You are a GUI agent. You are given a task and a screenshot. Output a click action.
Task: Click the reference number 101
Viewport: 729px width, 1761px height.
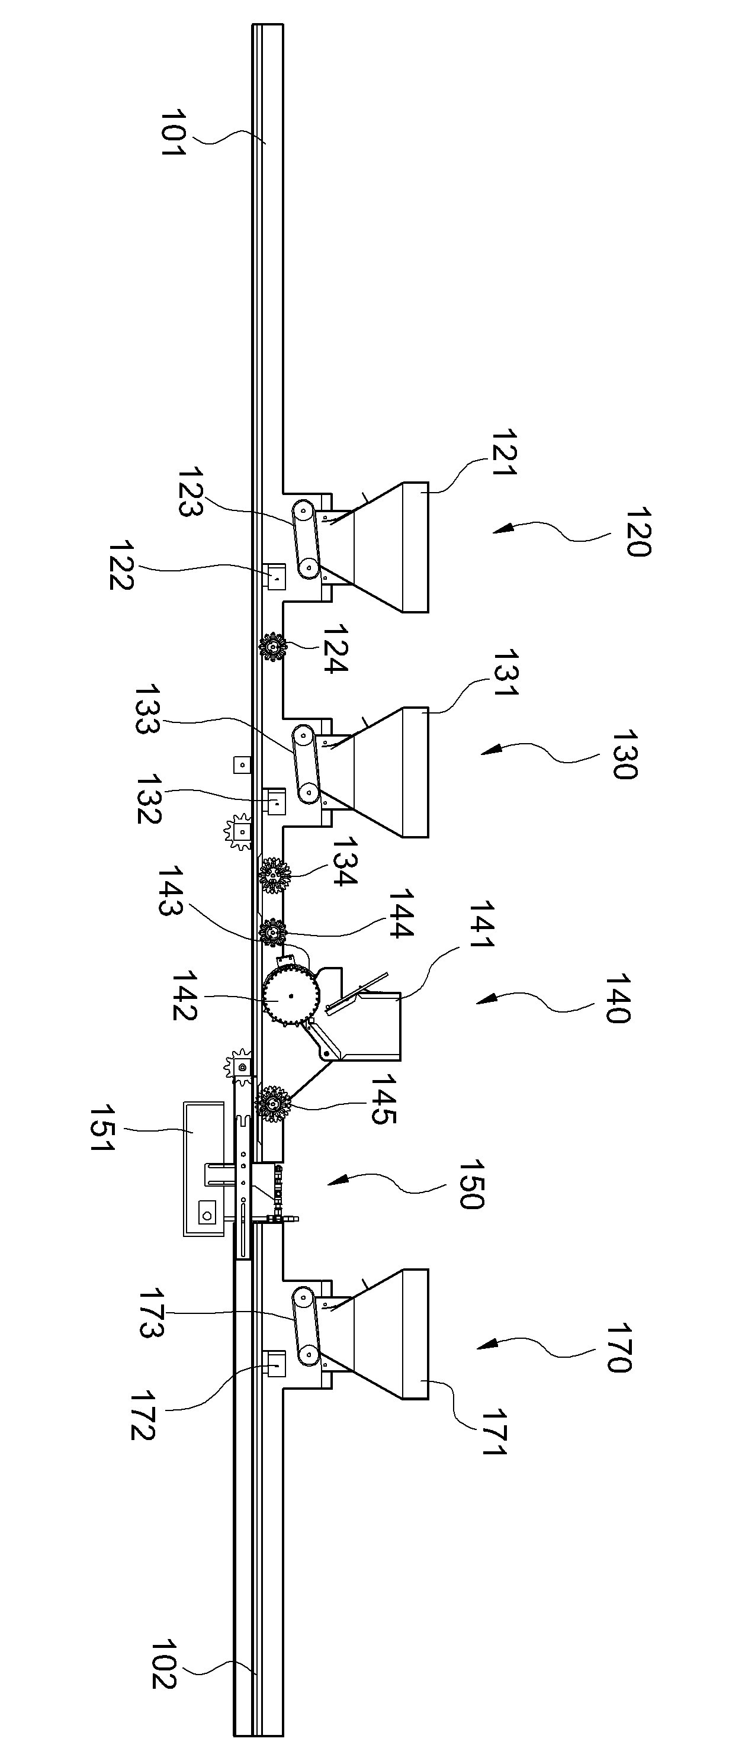173,133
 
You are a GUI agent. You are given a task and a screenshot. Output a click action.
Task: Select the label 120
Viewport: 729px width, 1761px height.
637,532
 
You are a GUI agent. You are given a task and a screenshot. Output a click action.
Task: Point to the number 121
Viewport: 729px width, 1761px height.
505,452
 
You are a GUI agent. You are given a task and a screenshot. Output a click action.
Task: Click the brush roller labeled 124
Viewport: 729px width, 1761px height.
273,646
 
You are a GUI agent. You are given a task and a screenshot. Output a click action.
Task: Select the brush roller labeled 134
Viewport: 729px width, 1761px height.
274,875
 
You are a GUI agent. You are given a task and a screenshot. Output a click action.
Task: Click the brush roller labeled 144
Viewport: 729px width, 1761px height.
273,933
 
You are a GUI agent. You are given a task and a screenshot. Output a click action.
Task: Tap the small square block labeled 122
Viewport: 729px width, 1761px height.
275,576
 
